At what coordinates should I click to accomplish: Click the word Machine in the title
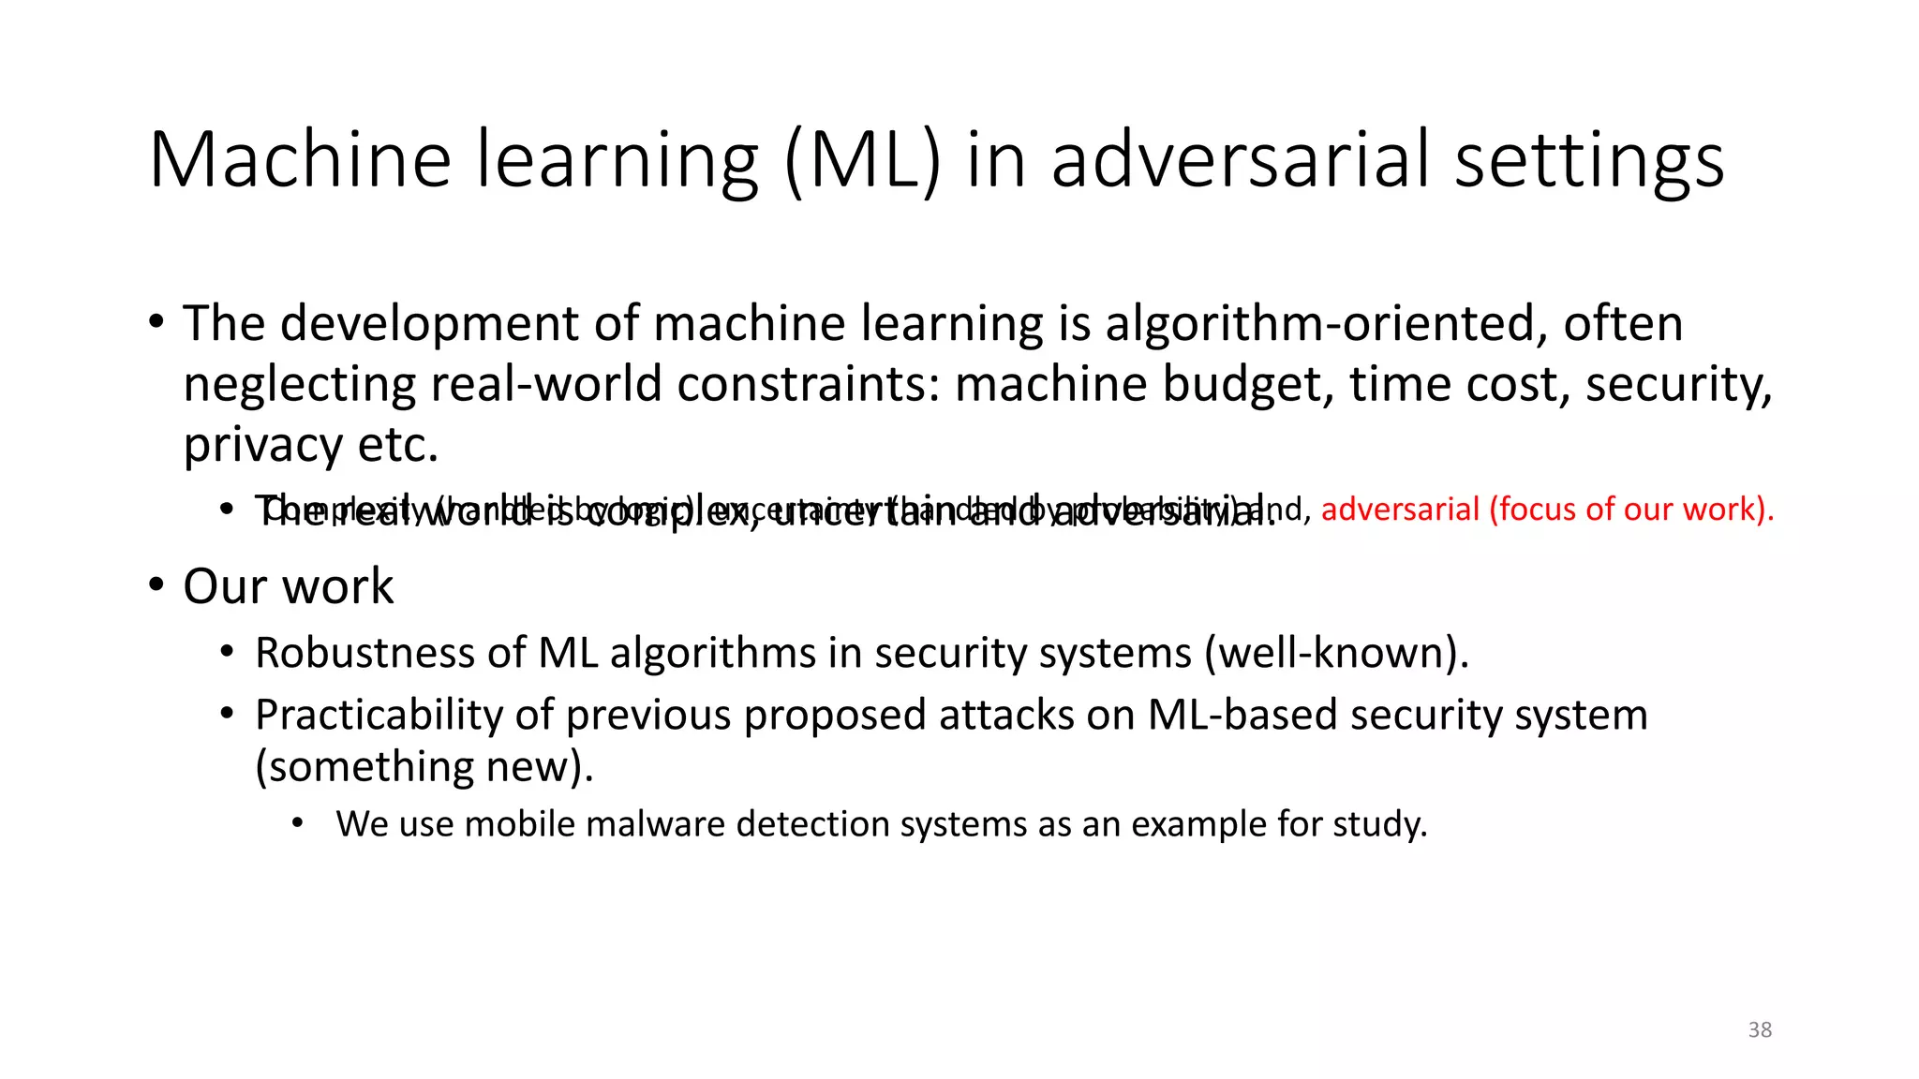(300, 160)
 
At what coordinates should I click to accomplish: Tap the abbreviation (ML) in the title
(862, 160)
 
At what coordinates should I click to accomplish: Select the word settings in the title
(1589, 160)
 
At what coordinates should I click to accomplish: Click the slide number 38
(1760, 1029)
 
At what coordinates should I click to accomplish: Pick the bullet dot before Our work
(156, 585)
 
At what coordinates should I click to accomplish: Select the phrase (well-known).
(1336, 653)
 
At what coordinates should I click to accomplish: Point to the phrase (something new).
(424, 767)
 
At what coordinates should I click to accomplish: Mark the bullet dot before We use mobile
(298, 823)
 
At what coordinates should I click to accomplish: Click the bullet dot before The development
(156, 323)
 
